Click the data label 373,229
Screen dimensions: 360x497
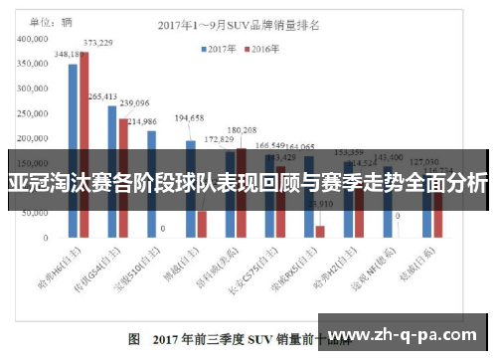pyautogui.click(x=96, y=43)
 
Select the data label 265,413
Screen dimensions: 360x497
pyautogui.click(x=102, y=96)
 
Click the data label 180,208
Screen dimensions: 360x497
pyautogui.click(x=242, y=130)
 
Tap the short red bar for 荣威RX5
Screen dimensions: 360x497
pyautogui.click(x=320, y=232)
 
